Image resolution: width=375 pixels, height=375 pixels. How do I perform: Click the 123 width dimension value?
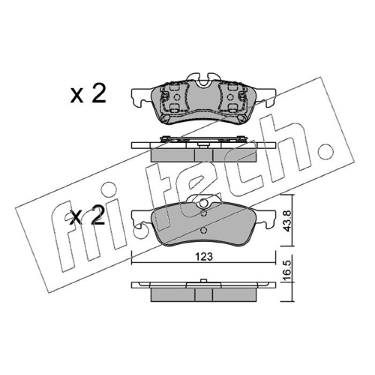click(x=204, y=256)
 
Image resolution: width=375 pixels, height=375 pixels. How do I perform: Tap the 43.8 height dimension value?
click(x=287, y=221)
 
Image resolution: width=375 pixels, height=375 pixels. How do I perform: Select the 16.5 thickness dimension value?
click(x=287, y=270)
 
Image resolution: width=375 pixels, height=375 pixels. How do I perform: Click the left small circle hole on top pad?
click(x=177, y=97)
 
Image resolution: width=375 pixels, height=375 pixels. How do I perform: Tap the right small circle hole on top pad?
click(x=230, y=97)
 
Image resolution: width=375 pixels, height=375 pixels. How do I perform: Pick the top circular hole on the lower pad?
click(x=203, y=203)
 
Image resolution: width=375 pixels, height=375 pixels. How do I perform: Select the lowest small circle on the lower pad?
click(x=203, y=231)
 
